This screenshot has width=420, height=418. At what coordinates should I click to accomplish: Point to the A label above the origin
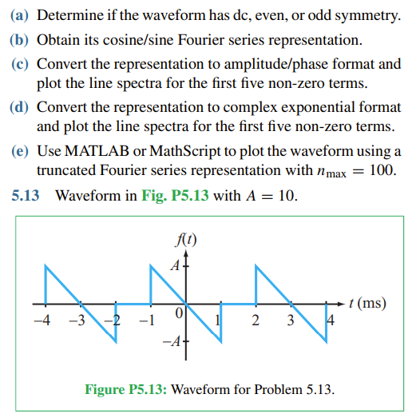coord(171,266)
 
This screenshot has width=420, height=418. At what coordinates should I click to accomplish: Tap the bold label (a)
coord(19,16)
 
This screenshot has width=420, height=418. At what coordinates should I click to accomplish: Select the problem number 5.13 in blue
coord(26,197)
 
